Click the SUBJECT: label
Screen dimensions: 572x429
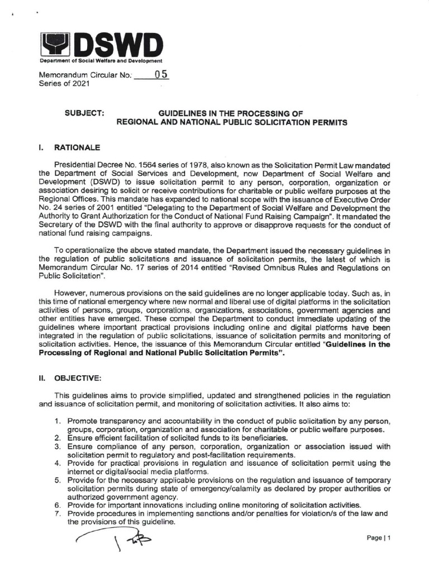pos(84,112)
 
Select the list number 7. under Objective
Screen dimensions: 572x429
pos(58,513)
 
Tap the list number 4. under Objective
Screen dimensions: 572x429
pos(58,463)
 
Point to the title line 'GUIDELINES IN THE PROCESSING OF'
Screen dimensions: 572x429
pos(231,112)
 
